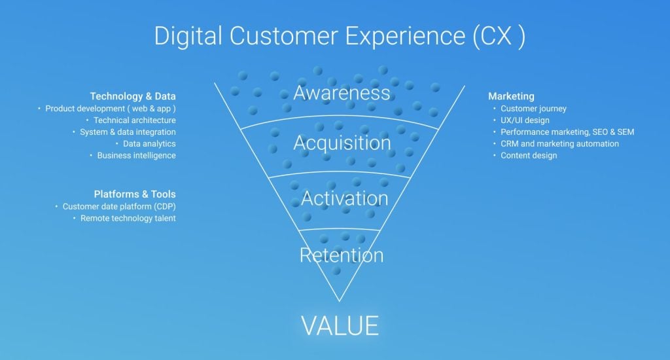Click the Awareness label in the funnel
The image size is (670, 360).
tap(342, 93)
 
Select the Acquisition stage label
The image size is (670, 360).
tap(342, 143)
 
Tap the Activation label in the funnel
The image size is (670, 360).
tap(344, 198)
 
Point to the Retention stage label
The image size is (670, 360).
tap(342, 255)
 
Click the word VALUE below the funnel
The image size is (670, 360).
tap(340, 326)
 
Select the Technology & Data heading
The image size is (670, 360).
tap(132, 96)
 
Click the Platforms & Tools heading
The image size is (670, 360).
tap(135, 194)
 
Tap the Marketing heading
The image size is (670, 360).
tap(511, 96)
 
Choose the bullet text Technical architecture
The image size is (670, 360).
tap(135, 120)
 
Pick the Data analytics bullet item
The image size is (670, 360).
tap(149, 143)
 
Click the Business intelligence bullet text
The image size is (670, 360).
tap(136, 155)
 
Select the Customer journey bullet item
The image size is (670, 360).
tap(533, 109)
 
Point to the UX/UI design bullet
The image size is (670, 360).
tap(525, 120)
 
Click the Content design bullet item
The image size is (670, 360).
tap(529, 155)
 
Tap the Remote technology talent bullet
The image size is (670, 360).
tap(128, 218)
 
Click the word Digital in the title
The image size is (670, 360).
tap(188, 36)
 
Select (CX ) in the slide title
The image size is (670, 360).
tap(499, 36)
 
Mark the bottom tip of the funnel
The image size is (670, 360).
tap(340, 301)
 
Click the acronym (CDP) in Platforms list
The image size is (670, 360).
tap(165, 206)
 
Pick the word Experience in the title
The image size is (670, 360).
tap(405, 36)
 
